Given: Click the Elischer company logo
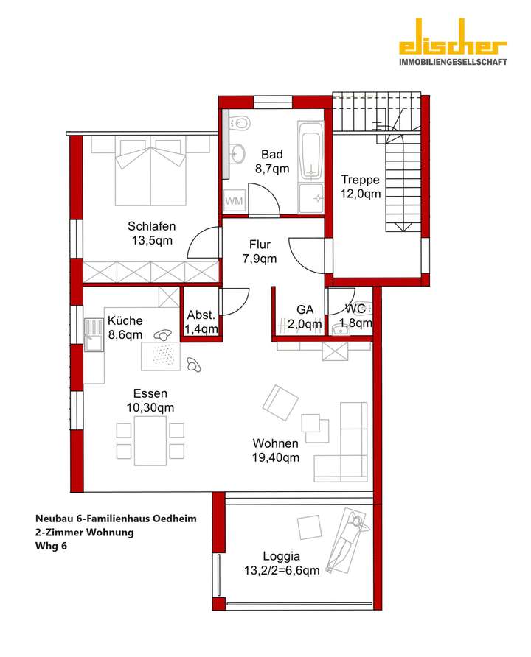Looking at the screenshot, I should click(x=453, y=51).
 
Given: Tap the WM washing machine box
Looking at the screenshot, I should click(x=234, y=200).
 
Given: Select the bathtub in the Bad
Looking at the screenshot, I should click(x=311, y=151).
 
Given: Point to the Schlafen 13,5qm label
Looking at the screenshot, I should click(x=150, y=233).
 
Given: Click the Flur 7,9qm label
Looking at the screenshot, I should click(x=260, y=252).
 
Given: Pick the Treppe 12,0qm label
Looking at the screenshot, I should click(x=361, y=186).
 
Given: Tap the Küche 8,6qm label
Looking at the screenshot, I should click(x=125, y=328).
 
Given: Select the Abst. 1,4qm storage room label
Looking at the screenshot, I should click(x=201, y=321).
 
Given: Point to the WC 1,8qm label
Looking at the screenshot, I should click(x=355, y=316).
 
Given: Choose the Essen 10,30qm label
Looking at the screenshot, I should click(x=149, y=401).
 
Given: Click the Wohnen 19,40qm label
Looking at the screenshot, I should click(x=276, y=451).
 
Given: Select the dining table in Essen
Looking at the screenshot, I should click(x=150, y=439).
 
